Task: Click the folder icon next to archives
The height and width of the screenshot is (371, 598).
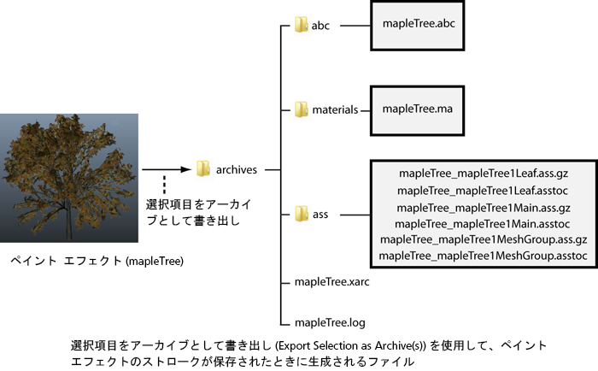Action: [203, 169]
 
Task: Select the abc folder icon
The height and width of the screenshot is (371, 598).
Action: [301, 26]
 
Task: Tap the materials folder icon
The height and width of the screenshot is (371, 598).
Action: [301, 109]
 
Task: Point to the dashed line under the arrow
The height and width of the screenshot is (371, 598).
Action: [164, 183]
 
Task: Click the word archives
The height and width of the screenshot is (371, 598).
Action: [235, 170]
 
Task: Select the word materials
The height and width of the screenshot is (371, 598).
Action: [334, 110]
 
